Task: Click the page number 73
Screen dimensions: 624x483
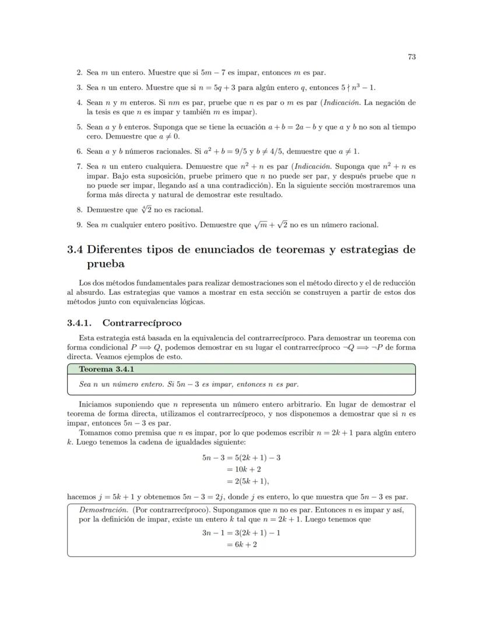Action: (x=411, y=57)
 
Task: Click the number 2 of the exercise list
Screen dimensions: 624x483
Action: (x=79, y=73)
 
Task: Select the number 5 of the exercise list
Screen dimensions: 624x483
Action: (x=79, y=126)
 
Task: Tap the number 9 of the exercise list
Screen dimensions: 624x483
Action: (x=79, y=225)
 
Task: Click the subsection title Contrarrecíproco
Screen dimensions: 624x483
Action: (x=142, y=323)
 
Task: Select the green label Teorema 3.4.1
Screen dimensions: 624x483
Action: (x=103, y=369)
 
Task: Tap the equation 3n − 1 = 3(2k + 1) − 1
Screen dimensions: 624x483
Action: (x=241, y=533)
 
